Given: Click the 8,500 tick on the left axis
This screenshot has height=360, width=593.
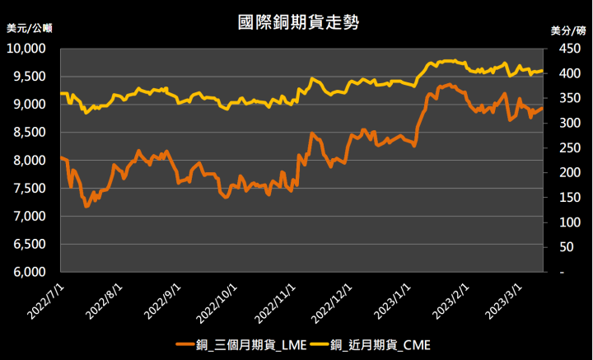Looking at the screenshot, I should [34, 133].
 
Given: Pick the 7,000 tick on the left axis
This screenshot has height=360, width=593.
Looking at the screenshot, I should [34, 217].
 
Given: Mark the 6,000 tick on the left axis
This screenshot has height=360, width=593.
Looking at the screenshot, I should [34, 273].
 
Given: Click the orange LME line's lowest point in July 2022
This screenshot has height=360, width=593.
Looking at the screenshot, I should [86, 206].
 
